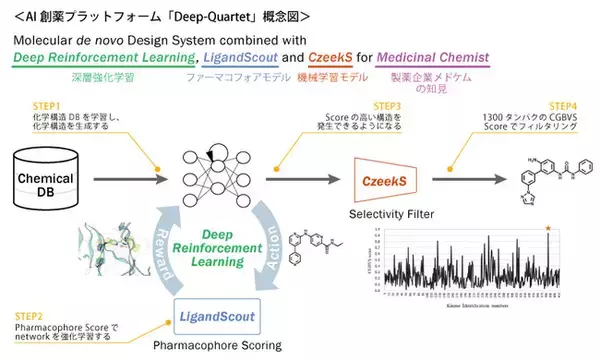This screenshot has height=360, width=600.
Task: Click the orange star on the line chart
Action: pos(547,230)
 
